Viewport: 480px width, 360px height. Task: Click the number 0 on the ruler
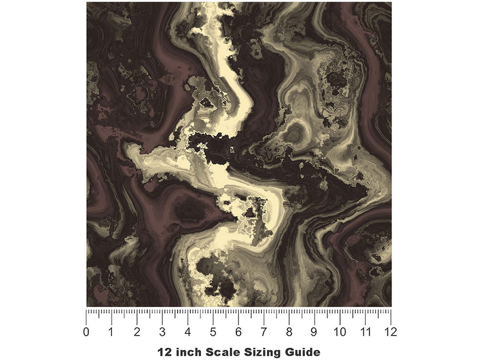[x=86, y=332]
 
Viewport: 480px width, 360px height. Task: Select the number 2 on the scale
[x=137, y=332]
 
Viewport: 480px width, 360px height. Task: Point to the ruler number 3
[x=163, y=332]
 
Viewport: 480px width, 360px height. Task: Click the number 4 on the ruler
[x=188, y=332]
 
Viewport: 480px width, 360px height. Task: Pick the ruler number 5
[x=213, y=332]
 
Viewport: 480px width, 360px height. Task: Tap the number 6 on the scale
[x=238, y=332]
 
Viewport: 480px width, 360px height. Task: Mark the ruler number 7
[x=264, y=332]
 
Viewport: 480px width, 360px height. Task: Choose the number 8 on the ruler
[x=289, y=332]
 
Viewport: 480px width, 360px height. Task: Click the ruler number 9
[x=315, y=332]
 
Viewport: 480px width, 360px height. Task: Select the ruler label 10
[x=340, y=332]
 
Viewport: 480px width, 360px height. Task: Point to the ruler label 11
[x=365, y=332]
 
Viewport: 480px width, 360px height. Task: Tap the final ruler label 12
[x=390, y=332]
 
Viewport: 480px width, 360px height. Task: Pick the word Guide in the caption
[x=300, y=352]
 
